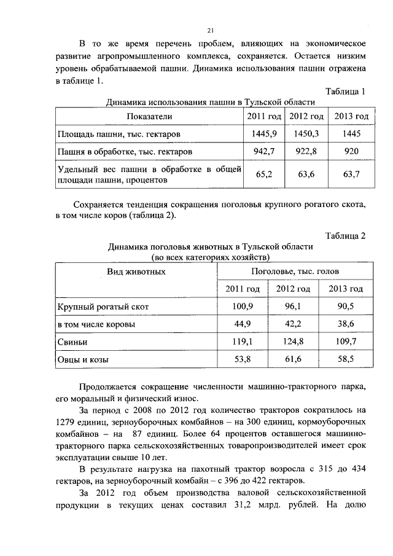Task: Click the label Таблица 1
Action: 345,92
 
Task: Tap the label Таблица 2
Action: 345,236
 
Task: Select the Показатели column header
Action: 149,116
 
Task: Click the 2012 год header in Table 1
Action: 306,116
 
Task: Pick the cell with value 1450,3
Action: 306,133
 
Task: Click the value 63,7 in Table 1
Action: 351,174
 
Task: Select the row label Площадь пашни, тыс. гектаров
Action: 119,133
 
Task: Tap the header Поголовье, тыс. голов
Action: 295,271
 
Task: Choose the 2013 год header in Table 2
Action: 346,289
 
